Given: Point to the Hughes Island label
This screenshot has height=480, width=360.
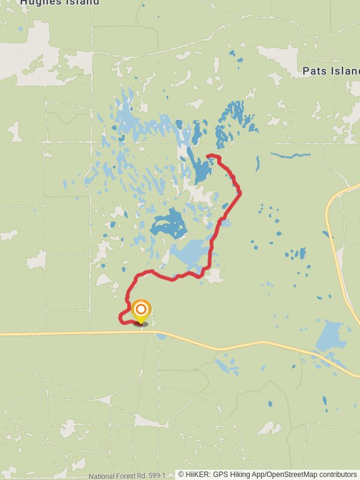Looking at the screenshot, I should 59,2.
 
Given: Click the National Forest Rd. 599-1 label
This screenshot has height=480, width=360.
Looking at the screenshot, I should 127,476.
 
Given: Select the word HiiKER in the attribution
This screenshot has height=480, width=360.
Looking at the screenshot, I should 196,475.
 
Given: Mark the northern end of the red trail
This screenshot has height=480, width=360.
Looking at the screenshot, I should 208,157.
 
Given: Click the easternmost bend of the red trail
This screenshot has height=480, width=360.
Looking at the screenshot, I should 240,192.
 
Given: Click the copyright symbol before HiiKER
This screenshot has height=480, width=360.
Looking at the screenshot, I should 181,475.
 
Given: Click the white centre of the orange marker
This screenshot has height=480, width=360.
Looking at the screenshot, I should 141,310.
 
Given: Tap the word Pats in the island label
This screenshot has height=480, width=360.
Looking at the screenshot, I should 314,71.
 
